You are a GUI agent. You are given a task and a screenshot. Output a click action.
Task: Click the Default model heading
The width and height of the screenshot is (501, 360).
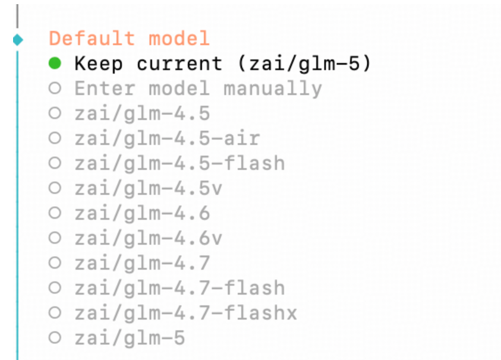pyautogui.click(x=129, y=39)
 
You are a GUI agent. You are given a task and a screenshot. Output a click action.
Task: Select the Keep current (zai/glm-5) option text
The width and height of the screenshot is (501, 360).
pyautogui.click(x=223, y=64)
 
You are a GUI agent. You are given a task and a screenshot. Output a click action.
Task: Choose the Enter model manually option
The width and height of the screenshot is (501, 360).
pyautogui.click(x=198, y=89)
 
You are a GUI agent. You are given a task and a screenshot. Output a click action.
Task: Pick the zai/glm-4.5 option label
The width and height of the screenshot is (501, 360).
pyautogui.click(x=142, y=113)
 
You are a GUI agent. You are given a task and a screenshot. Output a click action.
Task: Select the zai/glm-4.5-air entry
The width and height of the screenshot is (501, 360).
pyautogui.click(x=167, y=138)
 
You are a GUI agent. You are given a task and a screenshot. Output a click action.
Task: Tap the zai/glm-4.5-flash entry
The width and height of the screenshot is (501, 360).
pyautogui.click(x=179, y=163)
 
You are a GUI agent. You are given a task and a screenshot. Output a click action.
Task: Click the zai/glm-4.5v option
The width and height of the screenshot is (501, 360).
pyautogui.click(x=148, y=188)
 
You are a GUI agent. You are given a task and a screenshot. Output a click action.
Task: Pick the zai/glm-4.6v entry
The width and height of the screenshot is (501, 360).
pyautogui.click(x=148, y=238)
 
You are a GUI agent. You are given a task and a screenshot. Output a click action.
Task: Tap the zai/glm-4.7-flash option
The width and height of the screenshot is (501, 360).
pyautogui.click(x=179, y=288)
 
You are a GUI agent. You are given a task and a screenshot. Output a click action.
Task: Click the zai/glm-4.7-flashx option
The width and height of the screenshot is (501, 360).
pyautogui.click(x=185, y=313)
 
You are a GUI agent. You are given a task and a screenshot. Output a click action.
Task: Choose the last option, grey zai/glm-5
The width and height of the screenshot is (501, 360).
pyautogui.click(x=130, y=338)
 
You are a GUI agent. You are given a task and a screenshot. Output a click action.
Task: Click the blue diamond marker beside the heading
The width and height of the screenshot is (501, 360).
pyautogui.click(x=17, y=40)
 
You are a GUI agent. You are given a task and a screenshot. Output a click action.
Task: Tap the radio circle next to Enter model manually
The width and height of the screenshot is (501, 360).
pyautogui.click(x=55, y=89)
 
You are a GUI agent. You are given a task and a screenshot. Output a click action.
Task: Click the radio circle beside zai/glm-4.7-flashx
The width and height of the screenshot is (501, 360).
pyautogui.click(x=55, y=313)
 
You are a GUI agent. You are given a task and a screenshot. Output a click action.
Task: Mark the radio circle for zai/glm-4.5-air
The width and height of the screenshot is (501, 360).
pyautogui.click(x=55, y=138)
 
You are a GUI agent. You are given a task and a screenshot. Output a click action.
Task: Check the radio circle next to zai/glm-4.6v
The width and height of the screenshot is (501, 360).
pyautogui.click(x=55, y=238)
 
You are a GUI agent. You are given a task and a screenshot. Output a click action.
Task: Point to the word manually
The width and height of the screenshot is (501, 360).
pyautogui.click(x=273, y=89)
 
